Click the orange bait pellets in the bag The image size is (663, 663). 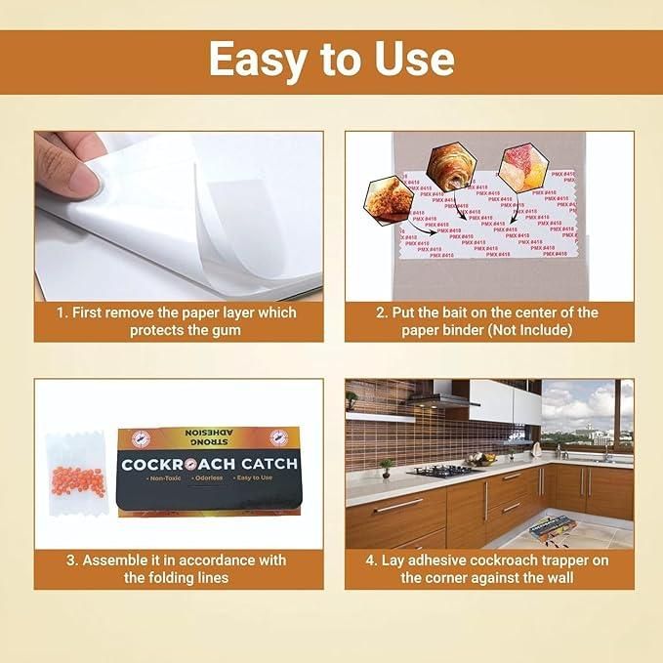(76, 481)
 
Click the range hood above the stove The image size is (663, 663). (443, 397)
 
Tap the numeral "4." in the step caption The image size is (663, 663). (371, 560)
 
